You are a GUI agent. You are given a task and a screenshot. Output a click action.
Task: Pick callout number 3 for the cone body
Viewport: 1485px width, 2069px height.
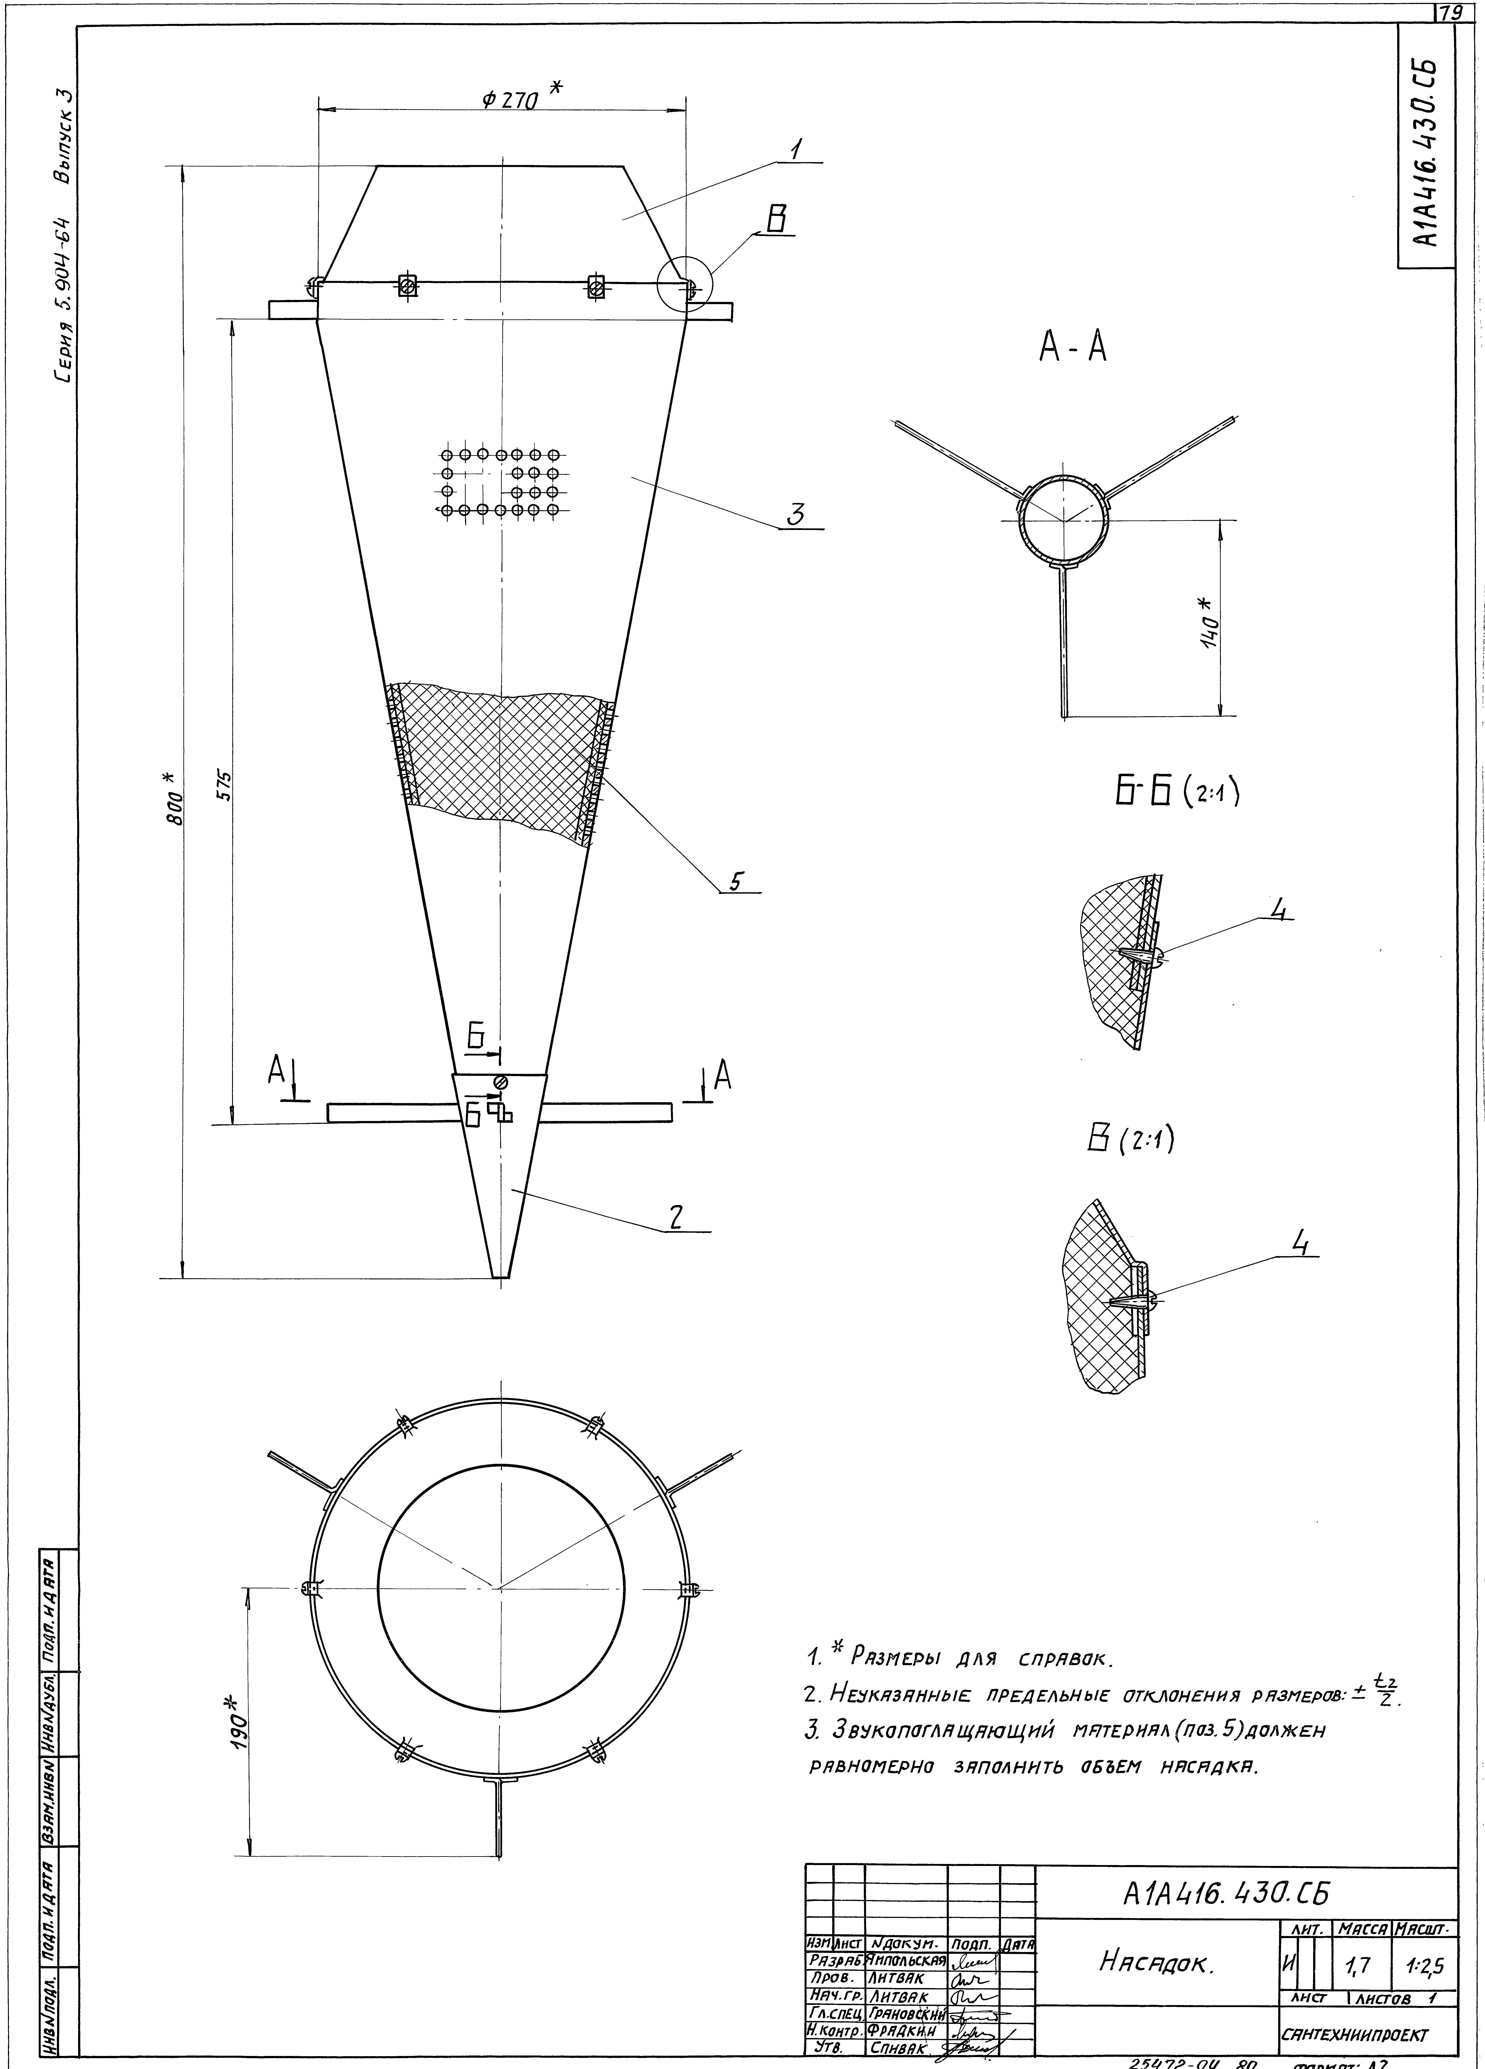(x=796, y=515)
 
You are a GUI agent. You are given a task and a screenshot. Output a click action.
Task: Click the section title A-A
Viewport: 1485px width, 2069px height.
(x=1073, y=347)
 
